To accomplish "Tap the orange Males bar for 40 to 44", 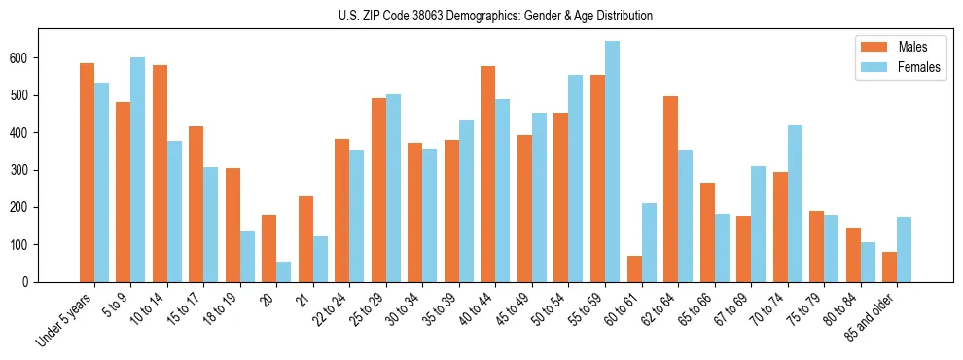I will point(488,175).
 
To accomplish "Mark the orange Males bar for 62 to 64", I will point(670,190).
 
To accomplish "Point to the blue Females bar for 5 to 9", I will point(138,170).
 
